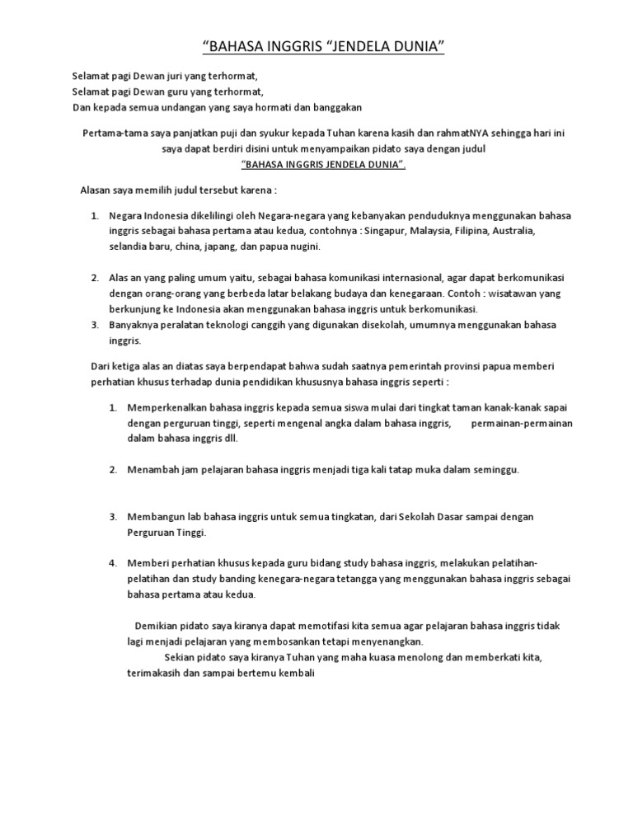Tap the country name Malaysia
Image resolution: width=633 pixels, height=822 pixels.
pos(430,231)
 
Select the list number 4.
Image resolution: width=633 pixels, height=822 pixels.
pos(112,562)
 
